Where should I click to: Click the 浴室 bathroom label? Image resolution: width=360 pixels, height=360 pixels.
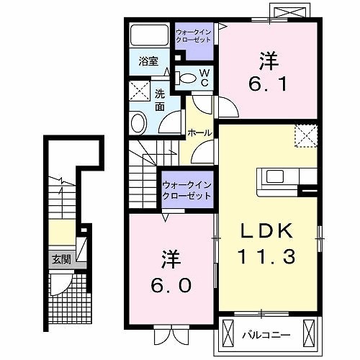tap(148, 61)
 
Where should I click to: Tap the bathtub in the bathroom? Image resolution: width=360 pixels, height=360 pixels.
tap(149, 35)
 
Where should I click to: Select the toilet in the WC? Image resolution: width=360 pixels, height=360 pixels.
tap(186, 78)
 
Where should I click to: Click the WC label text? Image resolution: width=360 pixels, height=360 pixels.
tap(204, 77)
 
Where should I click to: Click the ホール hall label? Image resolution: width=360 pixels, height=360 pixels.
tap(199, 132)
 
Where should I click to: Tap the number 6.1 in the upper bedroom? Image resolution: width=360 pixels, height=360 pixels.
tap(268, 84)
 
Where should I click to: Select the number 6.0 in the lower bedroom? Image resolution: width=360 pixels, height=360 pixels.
tap(171, 285)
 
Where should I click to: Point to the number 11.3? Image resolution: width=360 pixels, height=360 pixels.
tap(266, 256)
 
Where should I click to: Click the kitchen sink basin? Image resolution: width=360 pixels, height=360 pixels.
tap(275, 176)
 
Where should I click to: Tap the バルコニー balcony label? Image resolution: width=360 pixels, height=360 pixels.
tap(266, 335)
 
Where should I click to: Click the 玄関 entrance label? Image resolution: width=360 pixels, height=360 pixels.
tap(61, 259)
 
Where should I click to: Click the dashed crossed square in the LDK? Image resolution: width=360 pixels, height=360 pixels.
tap(306, 135)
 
